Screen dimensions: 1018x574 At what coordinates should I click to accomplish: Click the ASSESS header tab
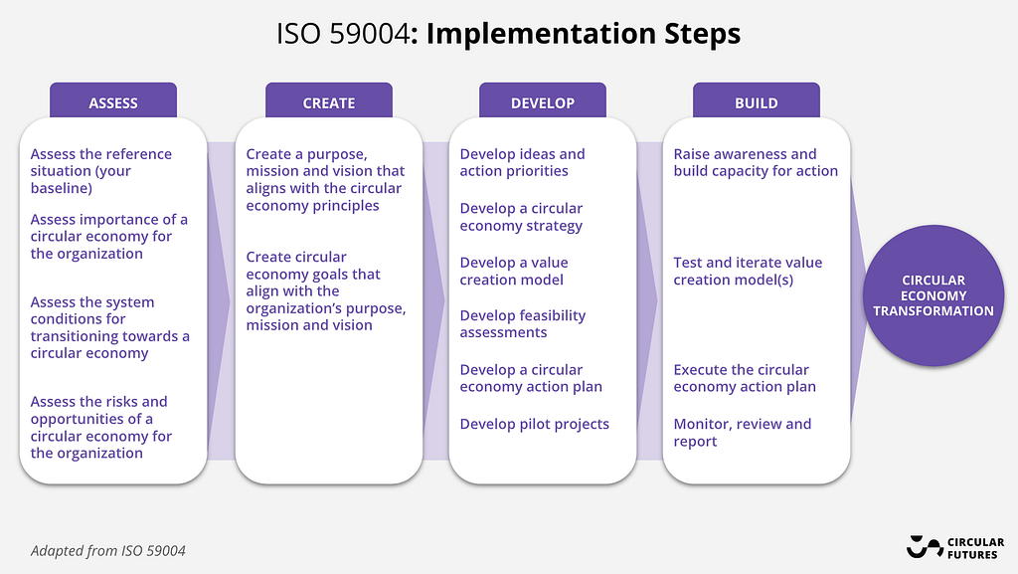pos(113,100)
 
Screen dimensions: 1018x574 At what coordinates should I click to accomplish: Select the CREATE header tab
pos(328,100)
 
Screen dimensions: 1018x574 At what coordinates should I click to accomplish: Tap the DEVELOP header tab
pos(542,100)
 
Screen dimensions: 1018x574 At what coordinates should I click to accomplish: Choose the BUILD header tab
pos(757,100)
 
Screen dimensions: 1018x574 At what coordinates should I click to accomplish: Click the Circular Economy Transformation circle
pos(933,295)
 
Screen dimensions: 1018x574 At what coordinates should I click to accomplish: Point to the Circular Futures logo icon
pos(925,547)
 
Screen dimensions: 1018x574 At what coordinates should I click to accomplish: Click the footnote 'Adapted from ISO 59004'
pos(107,551)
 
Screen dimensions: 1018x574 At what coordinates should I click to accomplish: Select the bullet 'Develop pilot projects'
pos(534,424)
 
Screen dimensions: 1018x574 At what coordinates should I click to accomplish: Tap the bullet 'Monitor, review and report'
pos(742,433)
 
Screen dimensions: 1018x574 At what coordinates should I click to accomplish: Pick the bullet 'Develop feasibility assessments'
pos(523,324)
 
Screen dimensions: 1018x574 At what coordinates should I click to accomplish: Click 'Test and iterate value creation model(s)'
pos(748,272)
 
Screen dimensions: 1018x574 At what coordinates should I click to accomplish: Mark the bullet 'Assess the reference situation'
pos(100,171)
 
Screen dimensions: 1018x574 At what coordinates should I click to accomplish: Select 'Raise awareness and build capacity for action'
pos(756,162)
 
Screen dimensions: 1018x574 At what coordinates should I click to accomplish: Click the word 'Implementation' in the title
pos(540,34)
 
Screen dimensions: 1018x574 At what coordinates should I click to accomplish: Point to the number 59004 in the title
pos(370,34)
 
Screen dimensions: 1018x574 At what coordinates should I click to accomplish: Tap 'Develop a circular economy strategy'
pos(521,217)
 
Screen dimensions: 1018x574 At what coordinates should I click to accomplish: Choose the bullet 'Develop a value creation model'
pos(514,272)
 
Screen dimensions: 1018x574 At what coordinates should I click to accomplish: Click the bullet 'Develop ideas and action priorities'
pos(522,162)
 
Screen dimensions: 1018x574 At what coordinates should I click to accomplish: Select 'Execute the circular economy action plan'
pos(745,378)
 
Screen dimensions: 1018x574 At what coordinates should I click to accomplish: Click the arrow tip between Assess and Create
pos(230,300)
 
